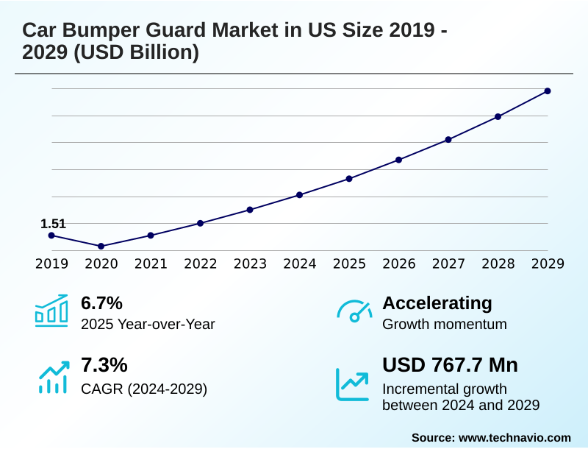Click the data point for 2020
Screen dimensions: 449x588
[x=101, y=246]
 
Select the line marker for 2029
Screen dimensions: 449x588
[x=548, y=91]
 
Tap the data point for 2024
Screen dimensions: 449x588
[x=299, y=195]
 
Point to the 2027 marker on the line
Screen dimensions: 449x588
[x=448, y=139]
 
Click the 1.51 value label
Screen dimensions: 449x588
[x=53, y=223]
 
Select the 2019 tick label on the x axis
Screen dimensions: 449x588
[x=51, y=264]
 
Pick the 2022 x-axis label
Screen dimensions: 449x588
[x=200, y=264]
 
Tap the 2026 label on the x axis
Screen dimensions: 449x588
[x=398, y=264]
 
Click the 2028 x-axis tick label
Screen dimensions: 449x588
[x=498, y=264]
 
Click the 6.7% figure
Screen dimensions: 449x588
[x=101, y=303]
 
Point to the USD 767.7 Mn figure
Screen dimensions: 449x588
[x=450, y=365]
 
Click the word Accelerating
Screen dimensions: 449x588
[x=437, y=303]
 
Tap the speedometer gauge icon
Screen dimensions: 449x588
[x=354, y=311]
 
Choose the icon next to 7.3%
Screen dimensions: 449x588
[x=51, y=375]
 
